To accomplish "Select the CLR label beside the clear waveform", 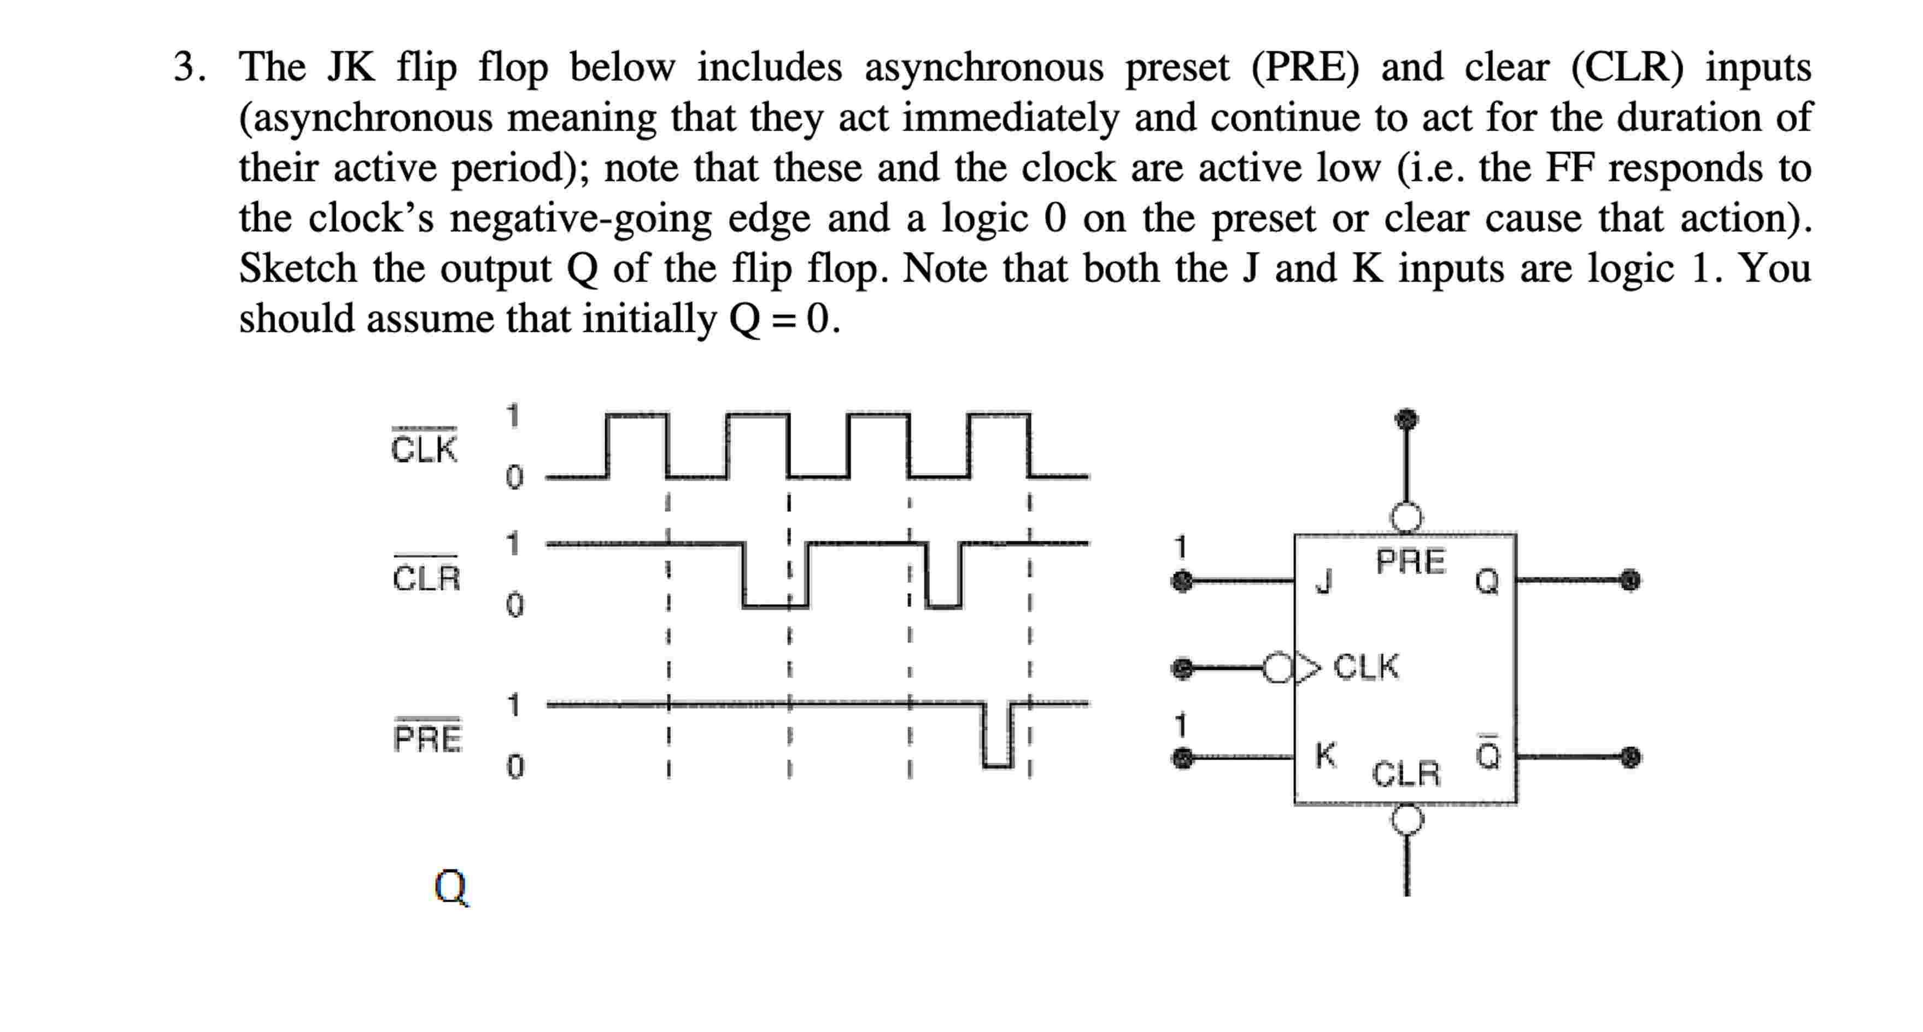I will click(x=426, y=577).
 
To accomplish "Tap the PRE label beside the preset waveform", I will click(x=428, y=738).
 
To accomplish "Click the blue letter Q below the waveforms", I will click(x=451, y=887).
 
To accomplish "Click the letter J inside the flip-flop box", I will click(x=1323, y=580).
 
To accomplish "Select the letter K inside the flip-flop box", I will click(x=1325, y=755).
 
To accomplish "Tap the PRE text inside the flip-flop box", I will click(x=1410, y=562).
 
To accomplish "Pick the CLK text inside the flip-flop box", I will click(x=1366, y=667).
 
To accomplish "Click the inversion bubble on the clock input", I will click(x=1276, y=668).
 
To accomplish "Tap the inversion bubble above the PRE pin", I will click(x=1406, y=517).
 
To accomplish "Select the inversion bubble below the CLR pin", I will click(x=1407, y=819).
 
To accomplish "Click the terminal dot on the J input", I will click(x=1182, y=580).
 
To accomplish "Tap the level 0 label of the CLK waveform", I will click(x=514, y=476).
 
